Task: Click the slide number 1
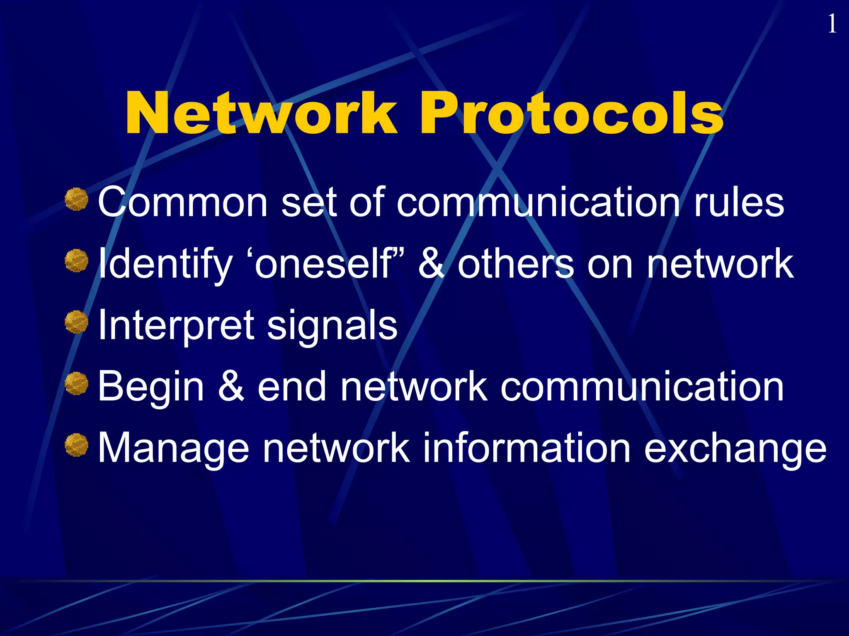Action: [x=831, y=24]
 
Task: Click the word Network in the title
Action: [x=261, y=113]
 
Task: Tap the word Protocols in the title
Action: [x=572, y=113]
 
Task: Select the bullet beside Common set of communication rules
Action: [x=77, y=199]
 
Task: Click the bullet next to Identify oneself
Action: [x=77, y=261]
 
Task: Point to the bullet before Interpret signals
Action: [x=77, y=322]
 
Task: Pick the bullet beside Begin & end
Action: [x=77, y=383]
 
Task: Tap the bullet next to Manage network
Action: [x=77, y=445]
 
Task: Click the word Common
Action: [x=182, y=203]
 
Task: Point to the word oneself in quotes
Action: [x=323, y=264]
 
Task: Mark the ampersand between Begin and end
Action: [x=231, y=387]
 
